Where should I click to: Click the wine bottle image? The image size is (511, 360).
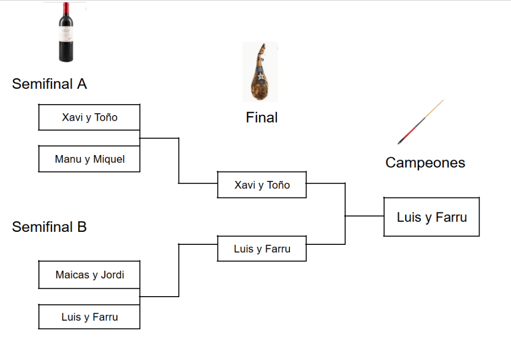click(x=66, y=32)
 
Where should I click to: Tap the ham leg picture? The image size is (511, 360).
click(x=260, y=72)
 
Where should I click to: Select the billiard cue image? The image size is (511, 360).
click(x=421, y=122)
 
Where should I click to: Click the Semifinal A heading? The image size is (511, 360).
click(x=49, y=84)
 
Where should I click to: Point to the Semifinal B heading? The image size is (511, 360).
click(x=49, y=227)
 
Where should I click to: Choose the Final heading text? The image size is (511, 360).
click(x=261, y=118)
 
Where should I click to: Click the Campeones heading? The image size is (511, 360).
click(x=425, y=163)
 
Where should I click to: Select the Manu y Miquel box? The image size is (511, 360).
click(x=89, y=159)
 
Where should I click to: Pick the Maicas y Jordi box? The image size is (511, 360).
click(x=89, y=275)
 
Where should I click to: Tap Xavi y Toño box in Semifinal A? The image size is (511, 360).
click(x=89, y=118)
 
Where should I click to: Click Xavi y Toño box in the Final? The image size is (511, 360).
click(x=262, y=185)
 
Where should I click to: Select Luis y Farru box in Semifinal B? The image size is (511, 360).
click(x=89, y=317)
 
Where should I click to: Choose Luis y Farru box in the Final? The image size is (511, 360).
click(x=262, y=249)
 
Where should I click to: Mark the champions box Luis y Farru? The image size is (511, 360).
click(x=432, y=217)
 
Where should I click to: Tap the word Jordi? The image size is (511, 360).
click(x=112, y=275)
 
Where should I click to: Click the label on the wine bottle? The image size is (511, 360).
click(x=66, y=38)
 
